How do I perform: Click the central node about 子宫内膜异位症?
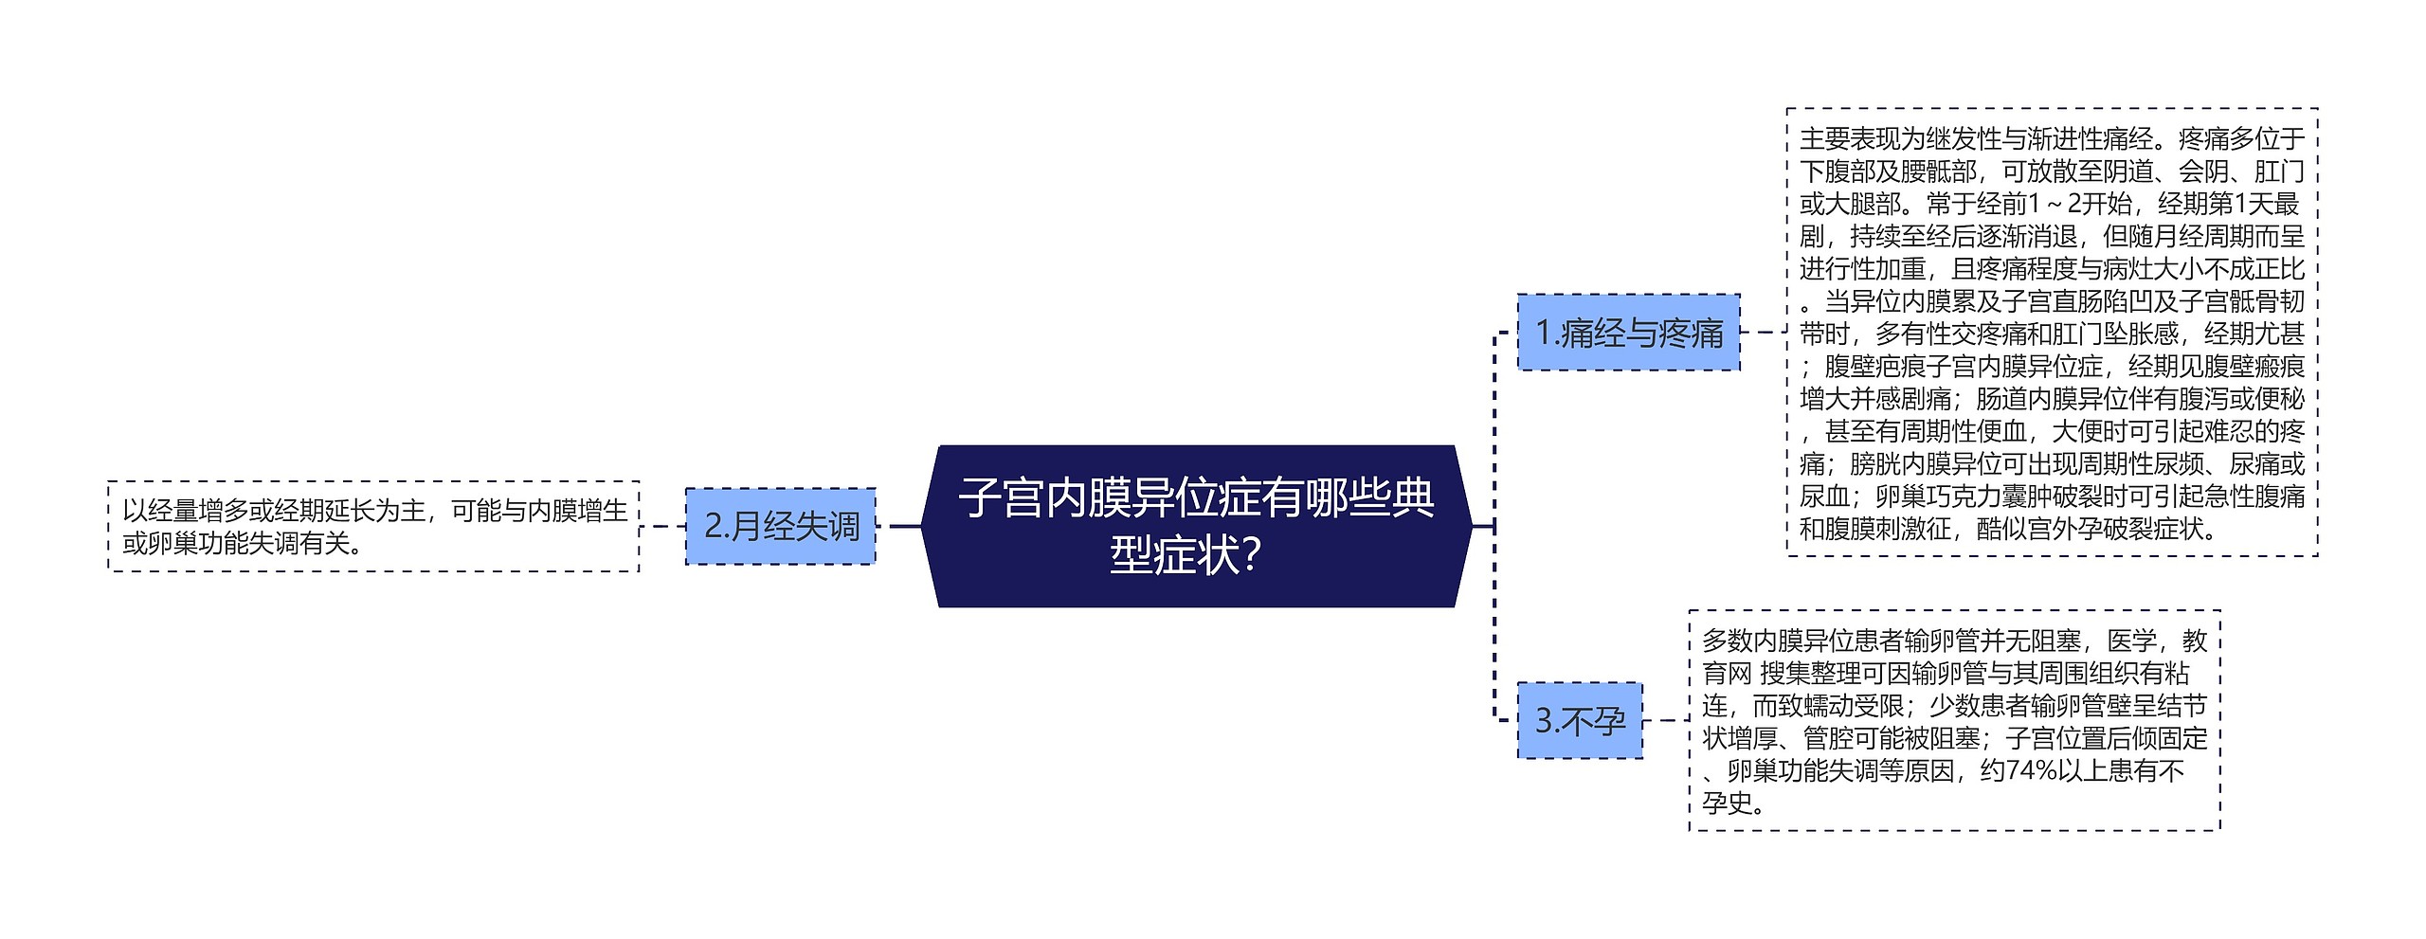click(x=1196, y=526)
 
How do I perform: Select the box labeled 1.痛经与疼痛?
click(x=1628, y=333)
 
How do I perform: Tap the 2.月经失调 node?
click(x=781, y=527)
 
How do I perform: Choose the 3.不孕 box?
click(x=1580, y=721)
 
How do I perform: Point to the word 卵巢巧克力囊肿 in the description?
click(x=1963, y=497)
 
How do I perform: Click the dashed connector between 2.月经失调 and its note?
click(x=662, y=527)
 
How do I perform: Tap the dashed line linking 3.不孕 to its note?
click(x=1665, y=721)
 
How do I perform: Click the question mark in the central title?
click(x=1250, y=555)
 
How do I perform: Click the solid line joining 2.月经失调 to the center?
click(x=898, y=527)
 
